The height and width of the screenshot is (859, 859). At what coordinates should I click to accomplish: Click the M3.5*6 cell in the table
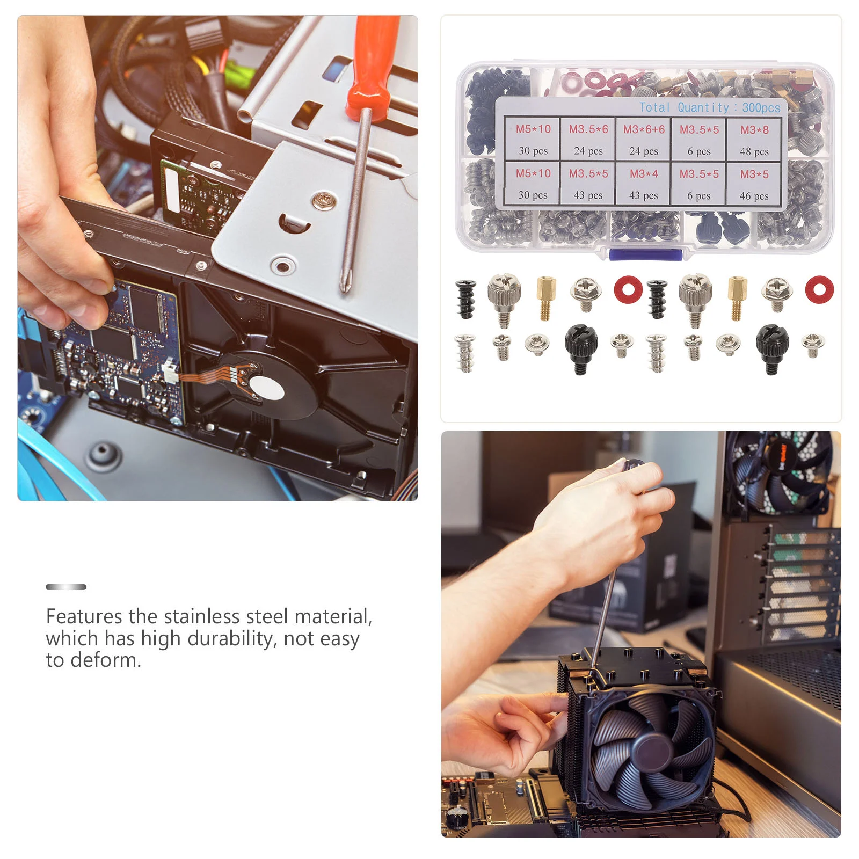pos(588,139)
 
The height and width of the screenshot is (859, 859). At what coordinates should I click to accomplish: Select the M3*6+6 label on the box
pos(644,129)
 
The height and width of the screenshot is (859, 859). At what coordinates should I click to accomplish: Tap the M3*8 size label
pos(754,130)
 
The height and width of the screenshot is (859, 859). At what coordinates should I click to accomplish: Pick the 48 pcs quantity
pos(754,151)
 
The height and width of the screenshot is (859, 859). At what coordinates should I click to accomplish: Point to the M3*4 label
pos(644,174)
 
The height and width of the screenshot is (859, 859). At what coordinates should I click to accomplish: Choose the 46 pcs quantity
pos(754,196)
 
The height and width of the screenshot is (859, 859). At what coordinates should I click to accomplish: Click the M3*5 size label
pos(754,174)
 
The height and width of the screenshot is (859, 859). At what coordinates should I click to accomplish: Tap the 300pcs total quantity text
pos(761,107)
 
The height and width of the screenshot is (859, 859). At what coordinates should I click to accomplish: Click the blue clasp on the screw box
pos(645,254)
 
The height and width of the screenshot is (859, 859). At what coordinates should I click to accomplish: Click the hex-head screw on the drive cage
pos(324,201)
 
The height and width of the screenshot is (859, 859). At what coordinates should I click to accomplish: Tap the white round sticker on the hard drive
pos(267,388)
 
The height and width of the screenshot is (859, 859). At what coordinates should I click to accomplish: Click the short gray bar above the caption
pos(66,587)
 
